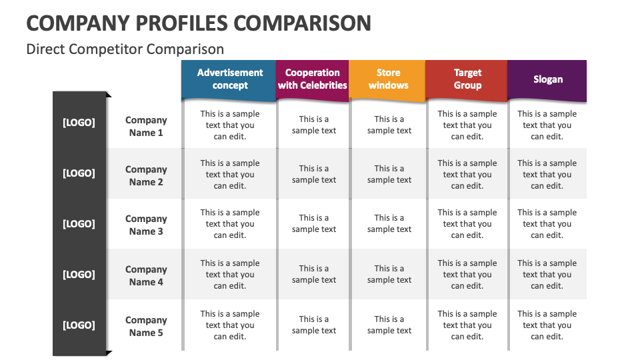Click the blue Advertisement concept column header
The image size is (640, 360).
point(229,79)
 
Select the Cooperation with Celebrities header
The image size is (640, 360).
point(312,79)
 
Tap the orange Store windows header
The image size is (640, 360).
point(388,79)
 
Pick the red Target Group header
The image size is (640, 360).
point(467,79)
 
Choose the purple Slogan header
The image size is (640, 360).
point(547,79)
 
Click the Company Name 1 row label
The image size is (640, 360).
point(146,126)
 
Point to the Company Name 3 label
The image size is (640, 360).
point(146,225)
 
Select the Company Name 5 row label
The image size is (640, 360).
point(146,326)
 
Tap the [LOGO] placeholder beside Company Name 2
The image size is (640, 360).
point(79,173)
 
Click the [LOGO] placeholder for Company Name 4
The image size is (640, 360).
point(79,275)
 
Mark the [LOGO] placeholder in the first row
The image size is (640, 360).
point(79,123)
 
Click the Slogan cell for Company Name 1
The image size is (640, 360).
point(547,125)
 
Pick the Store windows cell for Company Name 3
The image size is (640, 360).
point(389,223)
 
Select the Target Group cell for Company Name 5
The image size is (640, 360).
point(467,325)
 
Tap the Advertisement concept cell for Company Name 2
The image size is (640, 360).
point(230,175)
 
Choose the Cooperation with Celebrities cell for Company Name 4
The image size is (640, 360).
point(314,274)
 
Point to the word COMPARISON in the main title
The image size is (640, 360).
point(303,23)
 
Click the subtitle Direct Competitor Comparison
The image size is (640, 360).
point(125,49)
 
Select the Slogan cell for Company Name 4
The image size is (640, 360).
point(547,275)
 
